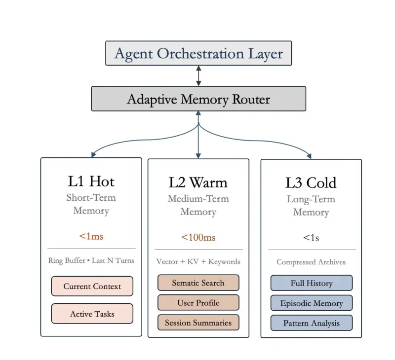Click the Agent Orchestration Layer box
click(198, 53)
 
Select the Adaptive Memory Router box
click(198, 99)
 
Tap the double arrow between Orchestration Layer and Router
click(198, 76)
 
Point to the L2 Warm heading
click(198, 182)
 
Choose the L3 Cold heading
click(311, 183)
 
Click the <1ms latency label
click(91, 236)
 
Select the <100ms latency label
click(198, 237)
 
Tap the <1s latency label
click(311, 238)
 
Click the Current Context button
click(92, 286)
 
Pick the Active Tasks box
click(92, 314)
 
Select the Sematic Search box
click(198, 283)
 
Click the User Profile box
click(198, 303)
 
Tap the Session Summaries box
click(198, 323)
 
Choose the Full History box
click(311, 284)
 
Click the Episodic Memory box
click(311, 303)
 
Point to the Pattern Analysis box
click(311, 324)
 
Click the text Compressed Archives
click(311, 262)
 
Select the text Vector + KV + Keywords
click(198, 261)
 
